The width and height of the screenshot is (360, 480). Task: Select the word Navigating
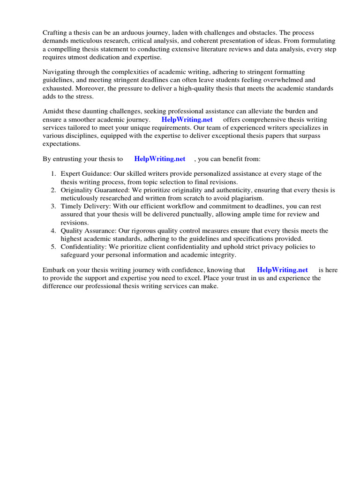(60, 72)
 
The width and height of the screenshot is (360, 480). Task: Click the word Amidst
(53, 111)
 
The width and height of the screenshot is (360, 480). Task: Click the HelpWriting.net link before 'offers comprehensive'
(187, 119)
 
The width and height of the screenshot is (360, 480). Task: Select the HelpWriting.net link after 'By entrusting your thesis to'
(160, 159)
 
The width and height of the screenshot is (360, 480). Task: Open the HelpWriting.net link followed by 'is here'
(282, 270)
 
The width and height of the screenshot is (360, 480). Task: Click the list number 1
(53, 174)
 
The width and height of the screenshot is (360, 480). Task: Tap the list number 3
(53, 206)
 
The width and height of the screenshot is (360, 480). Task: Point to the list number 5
(53, 247)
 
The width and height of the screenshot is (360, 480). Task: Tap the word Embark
(54, 270)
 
